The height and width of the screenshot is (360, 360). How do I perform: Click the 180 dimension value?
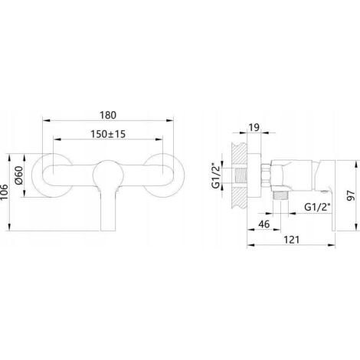tap(108, 115)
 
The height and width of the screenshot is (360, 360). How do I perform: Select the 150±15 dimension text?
tap(108, 134)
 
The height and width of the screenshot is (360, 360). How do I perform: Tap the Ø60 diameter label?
tap(19, 175)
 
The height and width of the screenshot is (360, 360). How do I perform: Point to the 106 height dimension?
tap(5, 193)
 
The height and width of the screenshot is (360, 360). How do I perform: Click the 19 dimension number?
tap(254, 127)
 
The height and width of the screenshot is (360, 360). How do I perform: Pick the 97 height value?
tap(352, 195)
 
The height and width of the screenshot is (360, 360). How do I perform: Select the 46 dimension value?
tap(263, 224)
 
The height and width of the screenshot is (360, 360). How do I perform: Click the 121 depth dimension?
tap(291, 240)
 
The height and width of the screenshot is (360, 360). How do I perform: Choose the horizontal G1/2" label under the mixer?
tap(318, 207)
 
